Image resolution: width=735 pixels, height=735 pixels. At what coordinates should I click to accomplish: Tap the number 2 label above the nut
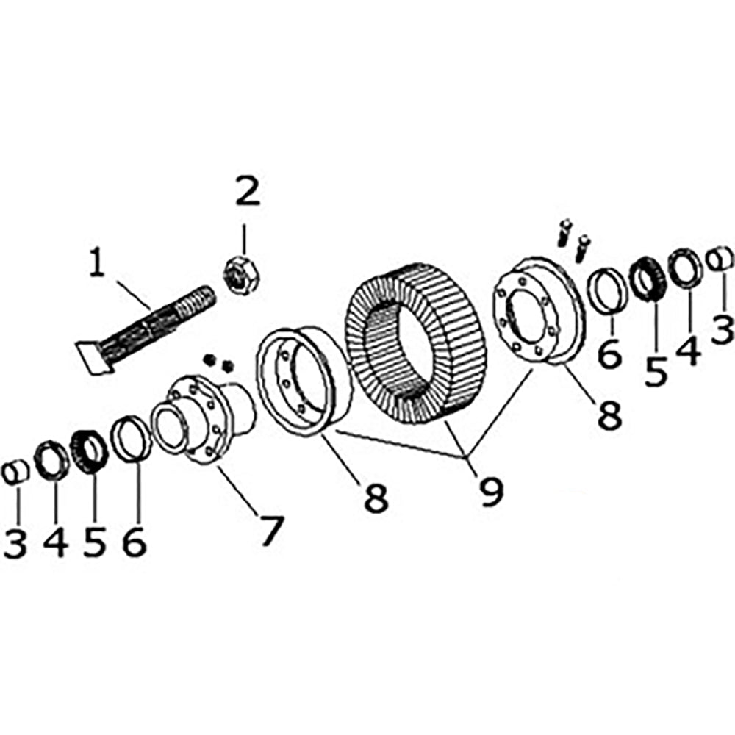tap(246, 193)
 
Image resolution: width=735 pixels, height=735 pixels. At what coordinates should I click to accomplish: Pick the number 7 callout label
tap(269, 530)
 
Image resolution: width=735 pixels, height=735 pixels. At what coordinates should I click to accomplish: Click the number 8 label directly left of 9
tap(374, 498)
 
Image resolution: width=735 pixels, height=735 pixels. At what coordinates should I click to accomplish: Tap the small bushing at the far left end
tap(17, 471)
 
